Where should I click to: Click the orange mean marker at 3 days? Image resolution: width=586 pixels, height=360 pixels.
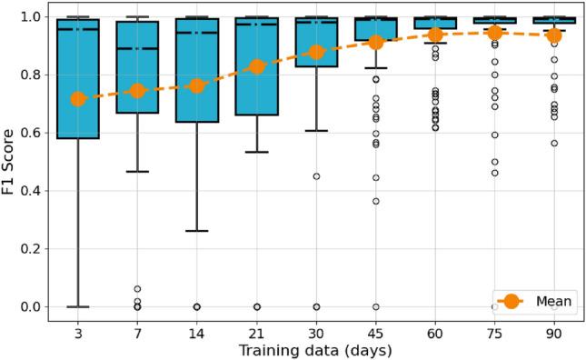78,99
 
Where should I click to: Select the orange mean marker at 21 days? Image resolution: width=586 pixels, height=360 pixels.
256,66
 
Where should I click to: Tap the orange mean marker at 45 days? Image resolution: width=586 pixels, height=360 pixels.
375,43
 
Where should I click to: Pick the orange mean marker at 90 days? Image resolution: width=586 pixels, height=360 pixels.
553,35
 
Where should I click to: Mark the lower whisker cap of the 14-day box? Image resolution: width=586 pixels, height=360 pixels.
196,231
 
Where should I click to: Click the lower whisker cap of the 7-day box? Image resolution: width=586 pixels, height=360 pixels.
137,171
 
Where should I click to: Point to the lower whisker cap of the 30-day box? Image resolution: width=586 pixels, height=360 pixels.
315,131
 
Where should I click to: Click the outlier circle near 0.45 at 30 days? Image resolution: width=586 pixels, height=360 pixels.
315,176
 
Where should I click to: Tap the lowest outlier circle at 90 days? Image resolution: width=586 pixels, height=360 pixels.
553,143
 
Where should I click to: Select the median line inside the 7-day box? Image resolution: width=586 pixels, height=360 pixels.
137,49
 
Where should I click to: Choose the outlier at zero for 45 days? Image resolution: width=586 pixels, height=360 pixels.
375,307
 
